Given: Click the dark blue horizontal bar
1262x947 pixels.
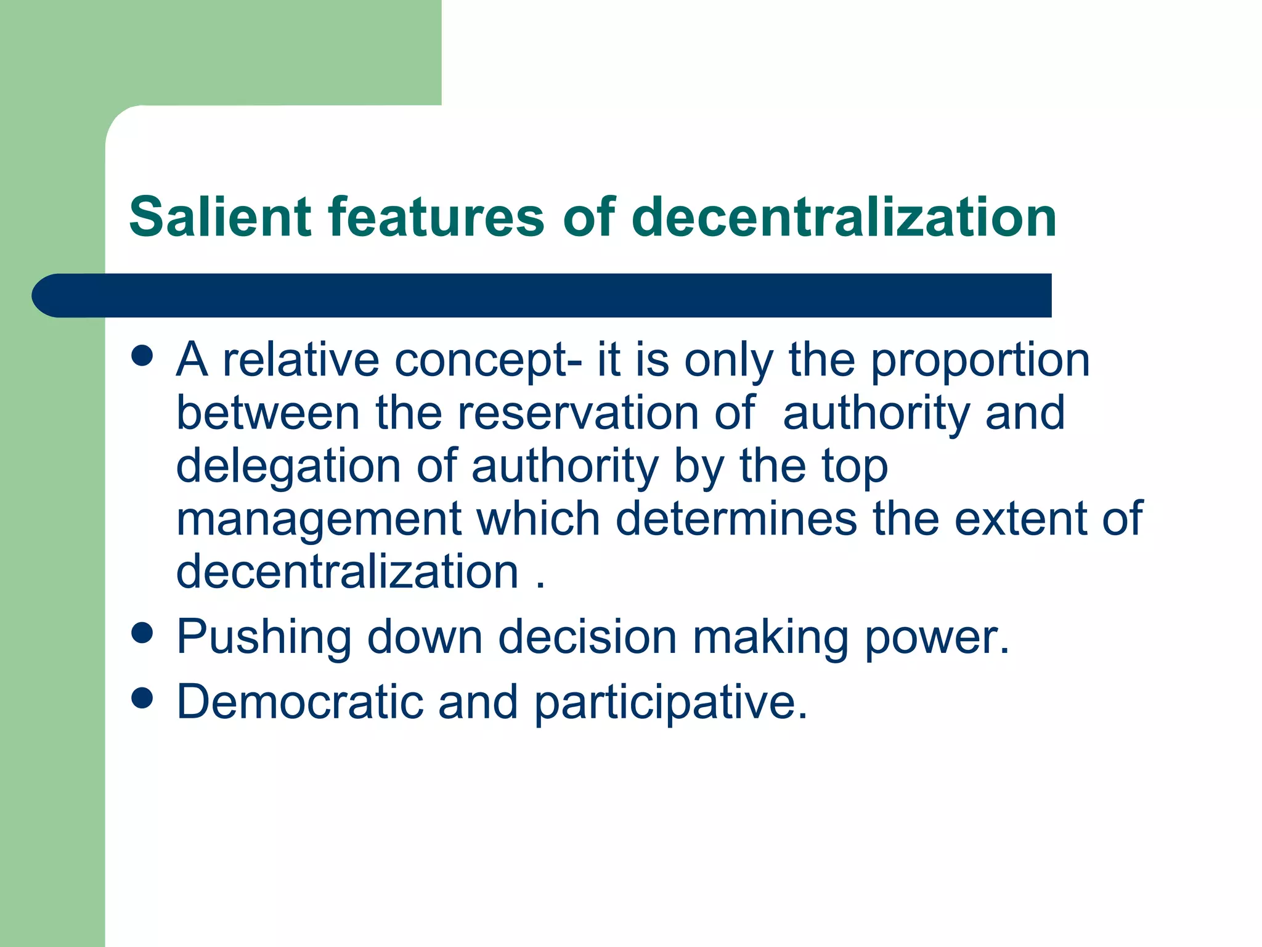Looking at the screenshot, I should click(x=542, y=295).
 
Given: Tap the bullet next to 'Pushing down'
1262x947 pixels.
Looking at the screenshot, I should click(x=142, y=633).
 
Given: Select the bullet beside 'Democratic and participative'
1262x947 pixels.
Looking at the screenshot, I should click(x=142, y=698).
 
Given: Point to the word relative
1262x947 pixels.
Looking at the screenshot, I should click(x=301, y=360).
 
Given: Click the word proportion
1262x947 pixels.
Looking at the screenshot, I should click(x=980, y=360).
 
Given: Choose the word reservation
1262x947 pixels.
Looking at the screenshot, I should click(x=578, y=413).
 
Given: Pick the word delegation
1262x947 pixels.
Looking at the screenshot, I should click(x=288, y=466).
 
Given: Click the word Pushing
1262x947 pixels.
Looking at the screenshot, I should click(x=264, y=637).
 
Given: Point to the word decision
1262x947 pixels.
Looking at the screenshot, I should click(x=587, y=637).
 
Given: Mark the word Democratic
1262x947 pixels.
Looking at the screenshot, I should click(x=300, y=702).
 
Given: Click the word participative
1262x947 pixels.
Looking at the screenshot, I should click(x=670, y=702).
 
